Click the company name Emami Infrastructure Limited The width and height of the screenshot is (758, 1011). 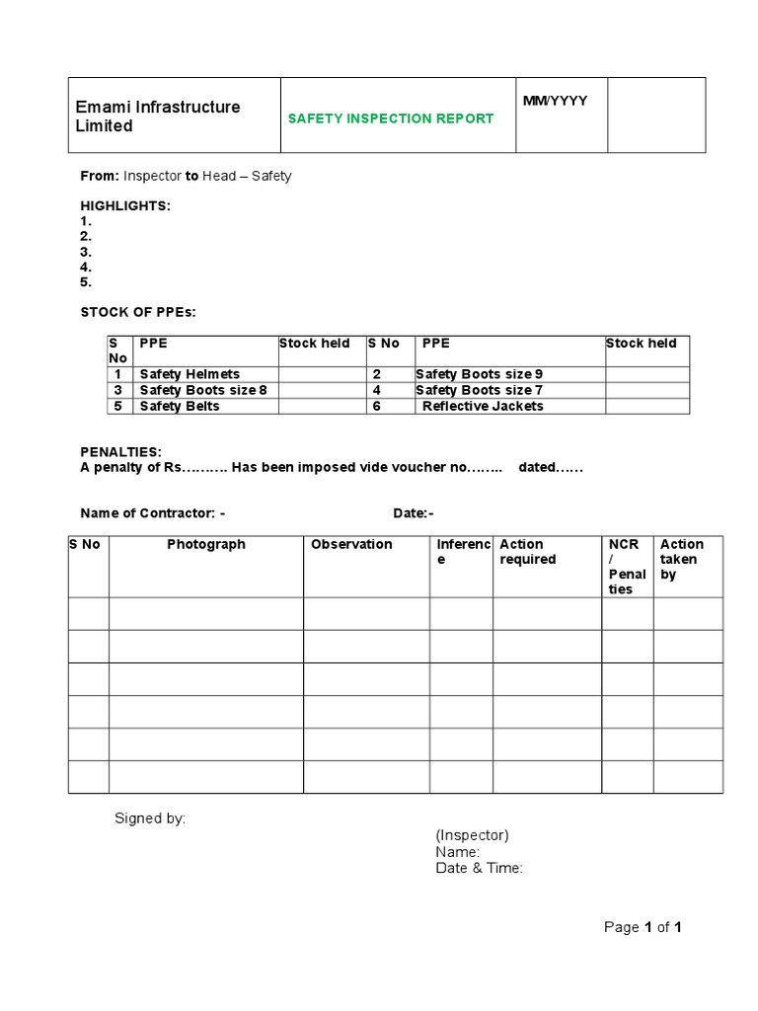[158, 117]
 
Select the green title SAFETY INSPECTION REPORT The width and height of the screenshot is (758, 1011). [390, 118]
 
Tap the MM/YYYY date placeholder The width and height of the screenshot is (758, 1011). [555, 101]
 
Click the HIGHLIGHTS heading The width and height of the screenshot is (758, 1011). [125, 205]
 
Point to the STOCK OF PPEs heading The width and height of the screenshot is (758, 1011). [138, 312]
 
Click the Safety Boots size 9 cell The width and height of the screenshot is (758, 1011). [479, 374]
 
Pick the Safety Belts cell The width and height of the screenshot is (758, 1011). [180, 406]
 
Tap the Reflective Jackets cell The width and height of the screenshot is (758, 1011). [483, 406]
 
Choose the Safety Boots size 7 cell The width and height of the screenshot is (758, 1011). [479, 390]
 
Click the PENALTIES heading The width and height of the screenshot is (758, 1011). [120, 451]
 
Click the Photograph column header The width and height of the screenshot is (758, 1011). [206, 544]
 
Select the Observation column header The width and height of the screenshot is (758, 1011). [351, 544]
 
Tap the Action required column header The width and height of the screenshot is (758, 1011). [528, 552]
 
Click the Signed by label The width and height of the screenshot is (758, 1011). [150, 817]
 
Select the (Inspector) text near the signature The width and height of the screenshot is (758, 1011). [472, 835]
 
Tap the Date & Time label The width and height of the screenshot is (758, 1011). [479, 868]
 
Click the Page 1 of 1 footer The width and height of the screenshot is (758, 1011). [643, 927]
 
